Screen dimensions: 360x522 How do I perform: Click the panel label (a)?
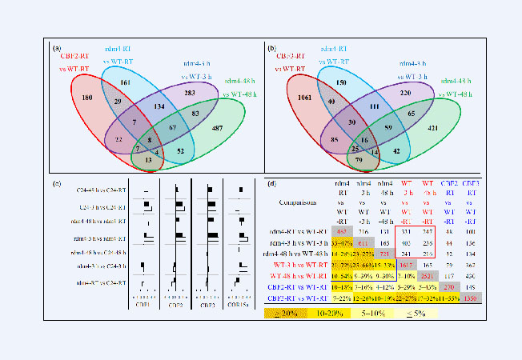[57, 49]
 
